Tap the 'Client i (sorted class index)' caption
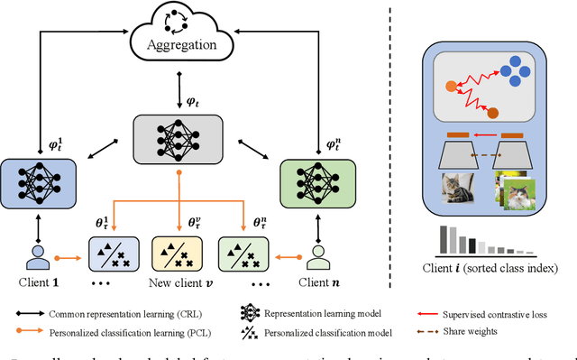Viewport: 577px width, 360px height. coord(495,269)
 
